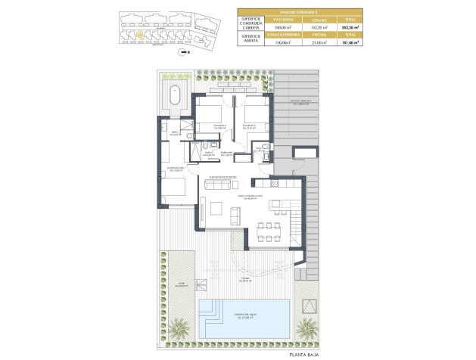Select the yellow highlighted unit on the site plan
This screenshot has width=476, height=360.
[x=141, y=34]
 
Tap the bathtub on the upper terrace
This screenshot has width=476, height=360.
[x=175, y=96]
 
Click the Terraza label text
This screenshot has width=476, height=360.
[x=246, y=278]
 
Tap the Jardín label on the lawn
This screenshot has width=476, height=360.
[x=181, y=284]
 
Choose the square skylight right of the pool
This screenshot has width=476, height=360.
[x=310, y=305]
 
